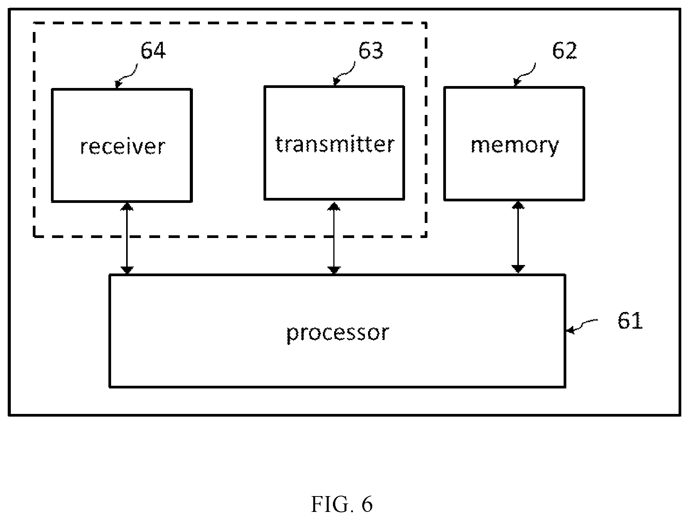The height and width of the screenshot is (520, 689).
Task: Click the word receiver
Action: [122, 147]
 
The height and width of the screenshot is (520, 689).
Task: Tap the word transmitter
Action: [334, 144]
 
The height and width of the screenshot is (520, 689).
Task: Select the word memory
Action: [515, 146]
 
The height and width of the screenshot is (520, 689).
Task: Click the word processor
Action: [338, 333]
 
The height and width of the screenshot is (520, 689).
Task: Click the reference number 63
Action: [371, 50]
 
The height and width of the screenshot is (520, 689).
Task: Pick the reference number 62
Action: [564, 50]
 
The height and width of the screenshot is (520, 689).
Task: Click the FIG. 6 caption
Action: [342, 504]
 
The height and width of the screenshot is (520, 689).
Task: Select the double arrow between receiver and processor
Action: [127, 238]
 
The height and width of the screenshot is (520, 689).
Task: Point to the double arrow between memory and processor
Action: [518, 237]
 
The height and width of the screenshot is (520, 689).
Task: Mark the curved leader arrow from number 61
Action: [582, 326]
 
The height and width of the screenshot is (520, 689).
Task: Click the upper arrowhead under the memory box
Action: [518, 205]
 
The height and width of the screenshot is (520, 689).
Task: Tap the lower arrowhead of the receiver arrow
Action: [127, 270]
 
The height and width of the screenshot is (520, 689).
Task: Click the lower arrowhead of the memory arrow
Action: [518, 269]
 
